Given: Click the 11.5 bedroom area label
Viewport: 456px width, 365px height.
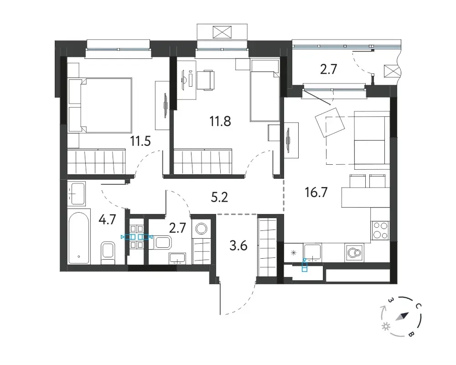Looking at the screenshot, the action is click(x=140, y=141).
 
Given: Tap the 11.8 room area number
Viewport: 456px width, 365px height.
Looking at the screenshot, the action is click(x=220, y=121).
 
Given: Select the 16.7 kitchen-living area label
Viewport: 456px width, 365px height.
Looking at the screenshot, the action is click(x=316, y=193).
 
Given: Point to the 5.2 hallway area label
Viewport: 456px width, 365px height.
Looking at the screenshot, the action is click(x=219, y=198).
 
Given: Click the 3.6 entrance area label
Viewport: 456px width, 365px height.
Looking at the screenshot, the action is click(x=238, y=246).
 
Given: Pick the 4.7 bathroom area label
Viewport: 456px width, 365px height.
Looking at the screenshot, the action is click(x=107, y=220).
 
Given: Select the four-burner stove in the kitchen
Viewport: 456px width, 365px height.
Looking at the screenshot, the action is click(x=380, y=230).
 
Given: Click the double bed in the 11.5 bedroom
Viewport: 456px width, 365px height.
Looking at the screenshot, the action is click(x=100, y=105).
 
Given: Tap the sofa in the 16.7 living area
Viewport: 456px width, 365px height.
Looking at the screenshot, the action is click(x=372, y=140).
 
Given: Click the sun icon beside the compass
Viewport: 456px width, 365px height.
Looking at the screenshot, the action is click(x=386, y=327).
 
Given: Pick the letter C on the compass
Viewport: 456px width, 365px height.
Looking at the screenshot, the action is click(x=418, y=306).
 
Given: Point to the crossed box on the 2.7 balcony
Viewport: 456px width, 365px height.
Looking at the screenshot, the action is click(x=390, y=71).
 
